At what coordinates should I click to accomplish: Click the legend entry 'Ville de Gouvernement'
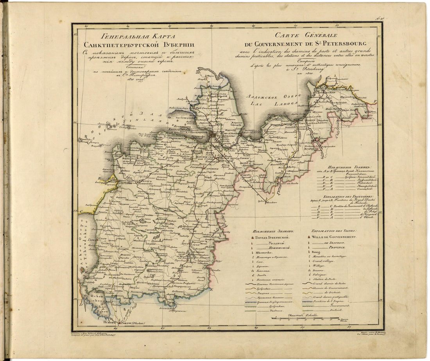(x=334, y=237)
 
